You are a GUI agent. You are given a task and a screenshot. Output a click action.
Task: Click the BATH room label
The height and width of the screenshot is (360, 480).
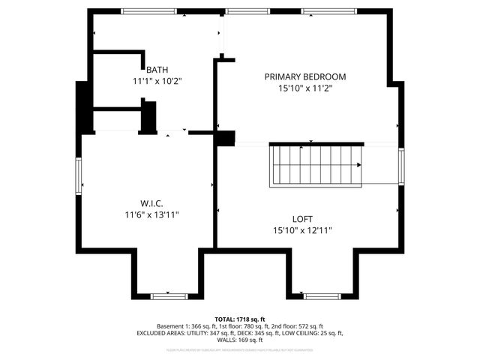pos(157,70)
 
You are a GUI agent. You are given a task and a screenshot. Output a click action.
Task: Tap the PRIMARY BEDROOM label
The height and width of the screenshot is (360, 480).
pos(304,76)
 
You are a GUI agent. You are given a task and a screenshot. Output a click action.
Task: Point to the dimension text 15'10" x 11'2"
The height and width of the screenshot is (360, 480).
pos(304,88)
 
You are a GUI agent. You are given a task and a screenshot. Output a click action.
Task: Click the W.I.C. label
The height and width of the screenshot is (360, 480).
pos(151,203)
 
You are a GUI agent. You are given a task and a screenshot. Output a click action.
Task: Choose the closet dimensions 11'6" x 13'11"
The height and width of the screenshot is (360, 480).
pos(151,214)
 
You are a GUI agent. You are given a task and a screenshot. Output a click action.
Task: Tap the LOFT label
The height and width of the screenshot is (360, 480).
pos(304,219)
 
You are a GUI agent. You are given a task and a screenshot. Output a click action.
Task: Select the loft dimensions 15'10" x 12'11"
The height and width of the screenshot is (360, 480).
pos(304,230)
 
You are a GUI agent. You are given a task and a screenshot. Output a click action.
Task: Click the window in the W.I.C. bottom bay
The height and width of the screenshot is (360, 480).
pos(169,296)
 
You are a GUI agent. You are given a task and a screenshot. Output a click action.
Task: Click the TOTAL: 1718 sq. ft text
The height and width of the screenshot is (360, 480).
pos(240,319)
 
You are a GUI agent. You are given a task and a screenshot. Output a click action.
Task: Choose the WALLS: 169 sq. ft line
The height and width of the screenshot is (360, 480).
pos(240,340)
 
